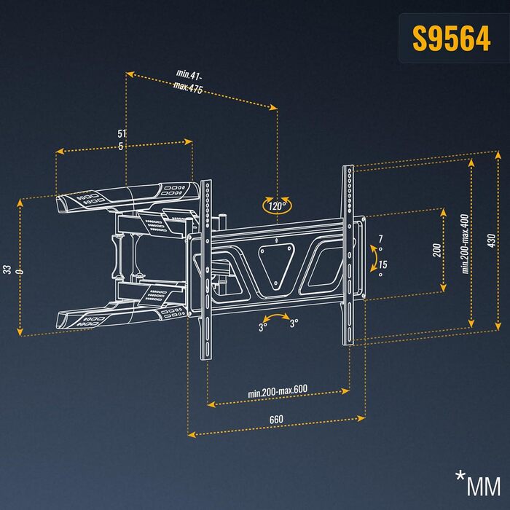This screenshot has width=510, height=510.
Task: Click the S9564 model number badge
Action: coord(451,39)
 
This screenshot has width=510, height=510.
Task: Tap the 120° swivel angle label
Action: coord(277,206)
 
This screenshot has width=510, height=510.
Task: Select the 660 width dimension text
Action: coord(276,420)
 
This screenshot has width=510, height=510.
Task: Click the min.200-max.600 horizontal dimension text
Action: coord(278,392)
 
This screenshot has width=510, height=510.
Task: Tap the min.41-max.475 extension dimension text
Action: coord(189,81)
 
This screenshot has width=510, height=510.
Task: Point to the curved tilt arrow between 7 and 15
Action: coord(375,257)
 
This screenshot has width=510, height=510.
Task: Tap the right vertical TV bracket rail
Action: coord(350,255)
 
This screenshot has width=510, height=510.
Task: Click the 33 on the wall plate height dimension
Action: coord(7,270)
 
